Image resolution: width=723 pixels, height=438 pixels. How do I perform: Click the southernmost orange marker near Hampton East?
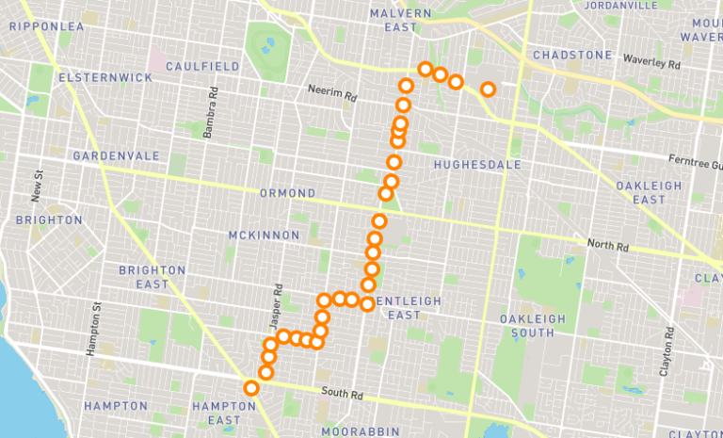pos(251,388)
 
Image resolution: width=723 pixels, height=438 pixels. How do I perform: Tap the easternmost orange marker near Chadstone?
pos(488,89)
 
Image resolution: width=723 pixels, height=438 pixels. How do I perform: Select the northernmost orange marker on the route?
pos(426,69)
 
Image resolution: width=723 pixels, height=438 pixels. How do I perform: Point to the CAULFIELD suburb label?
pos(202,67)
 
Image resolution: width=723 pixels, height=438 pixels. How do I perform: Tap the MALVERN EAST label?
pos(401,21)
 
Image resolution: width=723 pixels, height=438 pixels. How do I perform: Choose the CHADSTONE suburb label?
pos(572,56)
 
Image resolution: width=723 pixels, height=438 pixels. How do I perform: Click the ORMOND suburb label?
pos(288,193)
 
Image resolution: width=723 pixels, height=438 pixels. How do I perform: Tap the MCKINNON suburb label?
pos(265,235)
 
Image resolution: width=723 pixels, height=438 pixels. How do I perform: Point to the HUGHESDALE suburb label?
pos(477,165)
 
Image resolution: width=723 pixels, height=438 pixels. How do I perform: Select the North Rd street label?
pos(607,245)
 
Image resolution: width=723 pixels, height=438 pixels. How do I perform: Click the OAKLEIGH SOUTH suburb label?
pos(533,326)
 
